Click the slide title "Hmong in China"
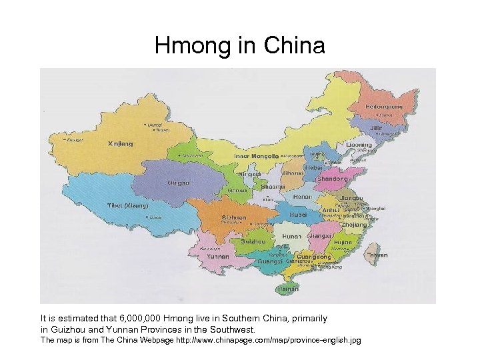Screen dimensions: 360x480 coord(239,46)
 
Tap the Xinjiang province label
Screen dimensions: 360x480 coord(120,143)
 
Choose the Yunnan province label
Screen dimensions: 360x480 coord(218,256)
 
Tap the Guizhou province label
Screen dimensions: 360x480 coord(253,241)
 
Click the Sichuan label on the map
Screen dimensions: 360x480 coord(234,217)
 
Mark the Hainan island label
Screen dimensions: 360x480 coord(288,289)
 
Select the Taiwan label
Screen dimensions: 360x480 coord(377,255)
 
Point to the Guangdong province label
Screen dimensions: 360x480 coord(313,257)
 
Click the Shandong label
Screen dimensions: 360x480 coord(332,179)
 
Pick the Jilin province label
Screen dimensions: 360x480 coord(378,127)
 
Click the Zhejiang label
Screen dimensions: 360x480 coord(355,225)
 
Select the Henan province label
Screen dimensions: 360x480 coord(303,197)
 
